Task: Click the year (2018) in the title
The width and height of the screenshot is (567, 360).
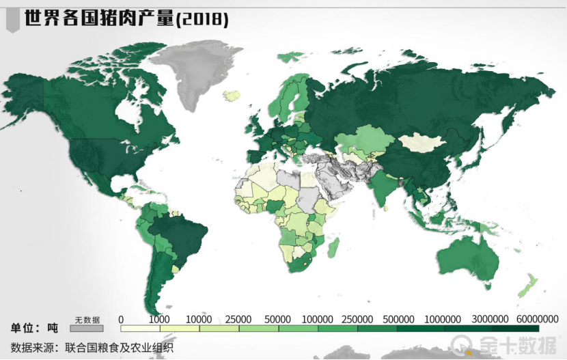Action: tap(202, 19)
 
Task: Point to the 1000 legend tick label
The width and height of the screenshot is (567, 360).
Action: tap(159, 319)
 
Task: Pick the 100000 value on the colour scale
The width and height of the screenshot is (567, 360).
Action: tap(317, 319)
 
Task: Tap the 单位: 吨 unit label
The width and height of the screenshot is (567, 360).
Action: tap(34, 327)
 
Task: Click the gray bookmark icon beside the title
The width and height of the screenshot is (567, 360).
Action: tap(12, 21)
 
